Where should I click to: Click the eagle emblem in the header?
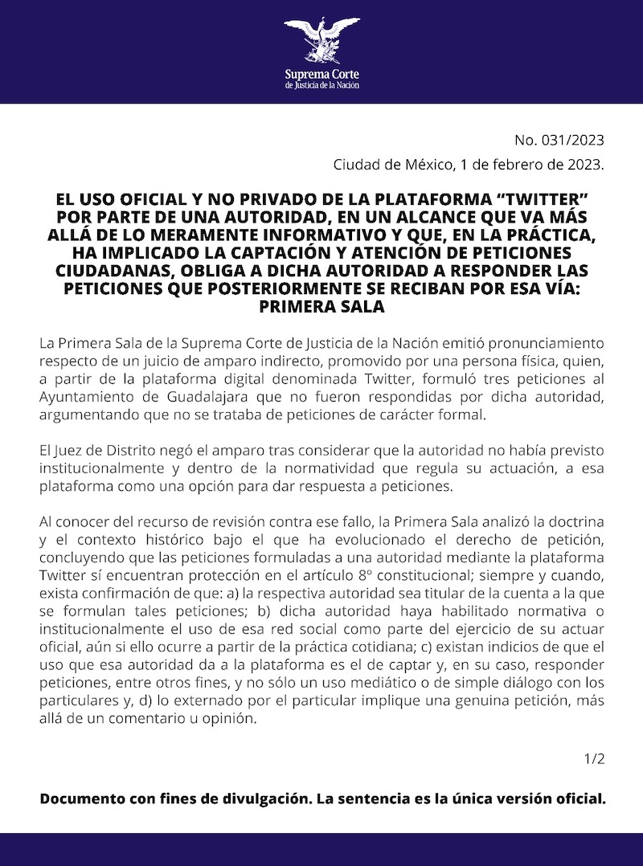(321, 41)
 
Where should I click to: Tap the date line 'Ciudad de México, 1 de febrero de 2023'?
(469, 165)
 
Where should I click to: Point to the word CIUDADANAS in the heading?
(122, 276)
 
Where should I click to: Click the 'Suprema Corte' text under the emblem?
(321, 75)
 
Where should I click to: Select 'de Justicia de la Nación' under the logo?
(321, 85)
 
